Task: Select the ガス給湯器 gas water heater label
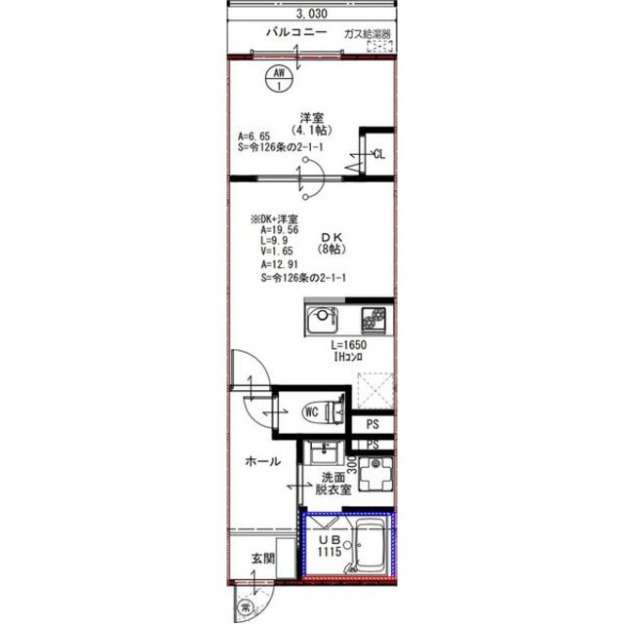(x=368, y=34)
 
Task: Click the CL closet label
(x=379, y=153)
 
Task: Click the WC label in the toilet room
(x=313, y=410)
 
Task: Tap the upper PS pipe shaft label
(x=373, y=424)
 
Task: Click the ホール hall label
(x=262, y=461)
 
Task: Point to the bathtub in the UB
(x=370, y=545)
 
